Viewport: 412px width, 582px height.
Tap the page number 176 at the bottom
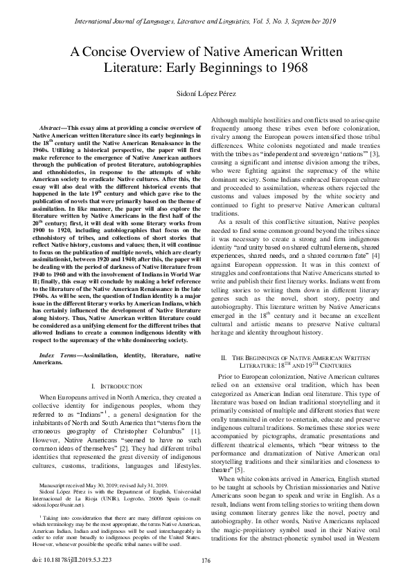[x=206, y=560]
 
